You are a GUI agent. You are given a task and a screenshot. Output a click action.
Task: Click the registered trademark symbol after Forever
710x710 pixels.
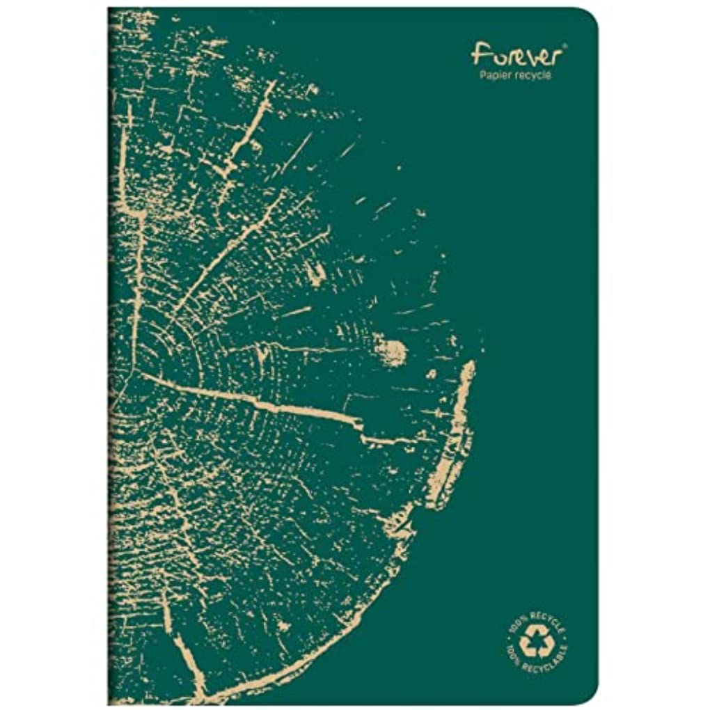pyautogui.click(x=565, y=45)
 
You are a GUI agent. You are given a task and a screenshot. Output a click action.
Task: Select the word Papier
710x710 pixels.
pyautogui.click(x=496, y=75)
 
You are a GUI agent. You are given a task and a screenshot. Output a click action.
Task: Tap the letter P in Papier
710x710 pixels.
pyautogui.click(x=482, y=74)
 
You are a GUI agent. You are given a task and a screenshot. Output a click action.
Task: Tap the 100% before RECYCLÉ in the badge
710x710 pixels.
pyautogui.click(x=517, y=624)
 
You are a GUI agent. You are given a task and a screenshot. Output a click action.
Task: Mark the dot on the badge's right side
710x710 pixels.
pyautogui.click(x=565, y=637)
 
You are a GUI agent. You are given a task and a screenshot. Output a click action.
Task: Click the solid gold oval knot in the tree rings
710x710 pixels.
pyautogui.click(x=392, y=351)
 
